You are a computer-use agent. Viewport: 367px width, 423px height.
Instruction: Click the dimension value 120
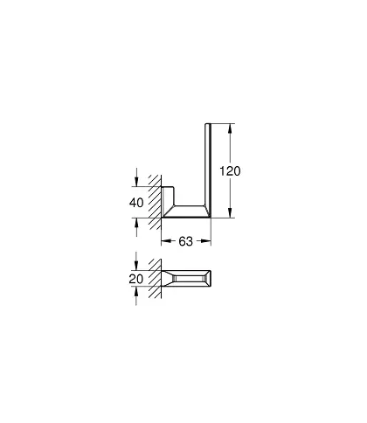(230, 171)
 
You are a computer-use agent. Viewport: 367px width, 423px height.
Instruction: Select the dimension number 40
(136, 203)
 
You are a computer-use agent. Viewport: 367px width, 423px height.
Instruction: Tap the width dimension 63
(186, 241)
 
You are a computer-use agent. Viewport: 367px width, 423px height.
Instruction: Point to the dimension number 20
(136, 279)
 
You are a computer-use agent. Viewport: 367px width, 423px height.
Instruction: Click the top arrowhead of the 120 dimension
(230, 128)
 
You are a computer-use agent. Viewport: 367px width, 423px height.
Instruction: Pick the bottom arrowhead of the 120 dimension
(230, 212)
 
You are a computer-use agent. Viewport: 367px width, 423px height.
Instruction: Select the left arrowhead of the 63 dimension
(166, 241)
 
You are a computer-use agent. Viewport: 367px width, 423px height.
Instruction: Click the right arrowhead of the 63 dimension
(206, 241)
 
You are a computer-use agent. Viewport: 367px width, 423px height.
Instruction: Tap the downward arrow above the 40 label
(136, 177)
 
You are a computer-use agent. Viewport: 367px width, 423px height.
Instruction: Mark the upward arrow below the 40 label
(136, 227)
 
